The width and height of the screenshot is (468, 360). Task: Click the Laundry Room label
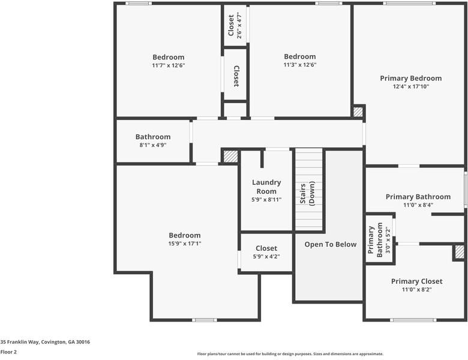pos(266,187)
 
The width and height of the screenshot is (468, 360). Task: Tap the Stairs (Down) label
pos(307,193)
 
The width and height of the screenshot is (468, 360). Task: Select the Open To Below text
pos(330,244)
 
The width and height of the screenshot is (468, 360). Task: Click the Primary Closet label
pos(416,281)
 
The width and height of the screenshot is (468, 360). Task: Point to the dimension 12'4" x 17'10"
pos(411,86)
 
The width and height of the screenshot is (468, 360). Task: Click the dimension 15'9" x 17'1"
pos(184,244)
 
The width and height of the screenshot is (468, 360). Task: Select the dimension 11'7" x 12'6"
pos(168,65)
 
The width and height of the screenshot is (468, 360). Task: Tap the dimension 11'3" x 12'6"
pos(299,65)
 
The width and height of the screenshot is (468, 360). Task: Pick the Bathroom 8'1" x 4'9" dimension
pos(152,145)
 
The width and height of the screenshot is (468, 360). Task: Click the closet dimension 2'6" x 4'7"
pos(239,26)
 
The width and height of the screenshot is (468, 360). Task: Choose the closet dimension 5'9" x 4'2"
pos(266,256)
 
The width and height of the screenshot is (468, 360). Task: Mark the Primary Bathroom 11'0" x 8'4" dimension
pos(418,205)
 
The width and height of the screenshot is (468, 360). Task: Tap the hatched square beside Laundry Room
pos(230,156)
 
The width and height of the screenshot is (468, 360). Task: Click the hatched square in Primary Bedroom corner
pos(358,112)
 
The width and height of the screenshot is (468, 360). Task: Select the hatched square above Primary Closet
pos(459,252)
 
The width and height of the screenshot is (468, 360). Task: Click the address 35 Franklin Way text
pos(45,341)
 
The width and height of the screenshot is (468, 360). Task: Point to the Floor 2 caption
pos(8,352)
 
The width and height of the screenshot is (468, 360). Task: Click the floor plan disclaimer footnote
pos(290,354)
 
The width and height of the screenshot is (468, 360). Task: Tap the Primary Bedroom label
pos(411,78)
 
